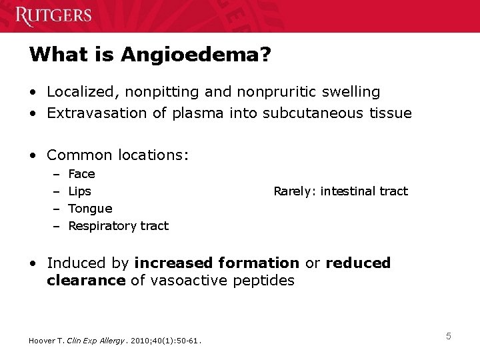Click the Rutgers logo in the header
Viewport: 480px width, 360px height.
point(53,15)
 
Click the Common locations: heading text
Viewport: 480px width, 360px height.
point(118,155)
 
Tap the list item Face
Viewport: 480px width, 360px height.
point(81,174)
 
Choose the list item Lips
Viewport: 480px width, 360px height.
point(80,191)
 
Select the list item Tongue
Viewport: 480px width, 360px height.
point(90,209)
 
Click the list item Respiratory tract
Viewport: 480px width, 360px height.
point(119,226)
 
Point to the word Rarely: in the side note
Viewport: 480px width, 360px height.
point(295,191)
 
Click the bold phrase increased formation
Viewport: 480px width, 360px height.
point(217,263)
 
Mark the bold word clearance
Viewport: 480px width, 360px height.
point(86,281)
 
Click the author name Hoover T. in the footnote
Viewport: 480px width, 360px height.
point(45,341)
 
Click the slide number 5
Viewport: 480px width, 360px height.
point(449,336)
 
